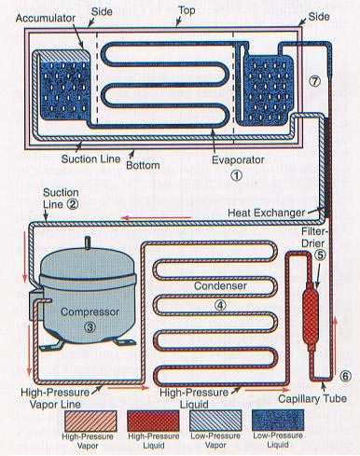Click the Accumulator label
pyautogui.click(x=46, y=19)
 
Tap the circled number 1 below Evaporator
pyautogui.click(x=236, y=175)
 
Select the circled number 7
pyautogui.click(x=314, y=81)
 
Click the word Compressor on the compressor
pyautogui.click(x=90, y=311)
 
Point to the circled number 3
pyautogui.click(x=90, y=326)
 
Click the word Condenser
pyautogui.click(x=220, y=285)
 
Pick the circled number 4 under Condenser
pyautogui.click(x=220, y=305)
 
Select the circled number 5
pyautogui.click(x=321, y=255)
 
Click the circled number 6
pyautogui.click(x=345, y=376)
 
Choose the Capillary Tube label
pyautogui.click(x=312, y=398)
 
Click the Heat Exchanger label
pyautogui.click(x=267, y=213)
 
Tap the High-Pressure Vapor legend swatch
pyautogui.click(x=90, y=421)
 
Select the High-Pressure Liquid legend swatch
pyautogui.click(x=153, y=421)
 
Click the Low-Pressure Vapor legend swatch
pyautogui.click(x=215, y=421)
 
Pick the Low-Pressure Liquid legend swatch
pyautogui.click(x=278, y=421)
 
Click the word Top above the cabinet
pyautogui.click(x=187, y=10)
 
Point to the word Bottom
pyautogui.click(x=143, y=165)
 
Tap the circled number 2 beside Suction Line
pyautogui.click(x=73, y=204)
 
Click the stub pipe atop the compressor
pyautogui.click(x=88, y=242)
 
